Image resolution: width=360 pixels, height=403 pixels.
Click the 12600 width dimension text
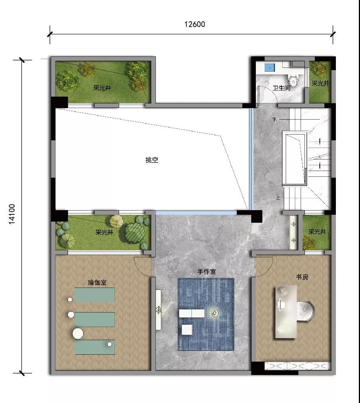coord(195,24)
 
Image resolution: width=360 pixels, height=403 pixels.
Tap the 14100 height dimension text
coord(12,214)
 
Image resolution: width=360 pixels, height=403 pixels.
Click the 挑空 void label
coord(152,160)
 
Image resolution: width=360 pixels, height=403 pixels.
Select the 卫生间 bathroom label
coord(281,88)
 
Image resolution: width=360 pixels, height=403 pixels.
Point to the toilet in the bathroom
coord(293,79)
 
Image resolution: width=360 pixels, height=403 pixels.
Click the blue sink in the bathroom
coord(270,68)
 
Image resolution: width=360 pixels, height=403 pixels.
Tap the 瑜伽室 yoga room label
coord(97,283)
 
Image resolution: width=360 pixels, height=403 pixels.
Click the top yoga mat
coord(95,295)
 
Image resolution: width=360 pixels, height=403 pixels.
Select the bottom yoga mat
coord(95,347)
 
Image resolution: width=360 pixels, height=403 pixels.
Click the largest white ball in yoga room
coord(78,334)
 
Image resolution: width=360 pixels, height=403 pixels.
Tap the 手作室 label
coord(206,271)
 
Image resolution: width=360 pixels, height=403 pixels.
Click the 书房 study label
coord(302,277)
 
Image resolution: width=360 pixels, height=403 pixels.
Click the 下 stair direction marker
coord(275,120)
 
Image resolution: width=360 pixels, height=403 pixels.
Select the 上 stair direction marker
coord(278,197)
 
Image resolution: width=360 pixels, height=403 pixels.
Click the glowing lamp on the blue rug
coord(215,313)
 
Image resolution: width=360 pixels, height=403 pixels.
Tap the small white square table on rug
coord(187,330)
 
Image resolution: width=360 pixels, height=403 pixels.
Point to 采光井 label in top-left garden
coord(102,88)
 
